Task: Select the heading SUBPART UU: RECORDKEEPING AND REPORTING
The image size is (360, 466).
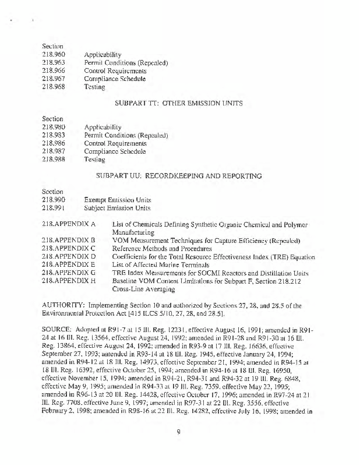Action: (179, 175)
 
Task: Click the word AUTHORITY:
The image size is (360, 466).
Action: (63, 305)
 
